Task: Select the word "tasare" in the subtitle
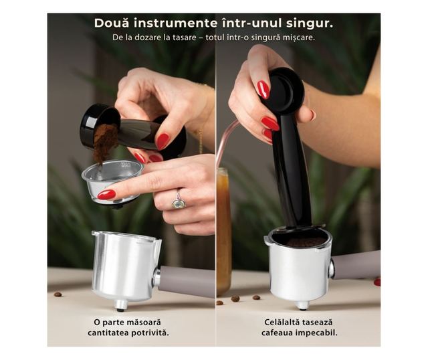184,37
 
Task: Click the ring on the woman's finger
179,201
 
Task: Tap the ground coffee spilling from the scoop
104,143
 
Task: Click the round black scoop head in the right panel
287,90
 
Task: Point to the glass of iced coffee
224,232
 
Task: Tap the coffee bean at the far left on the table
58,294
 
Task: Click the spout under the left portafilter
120,305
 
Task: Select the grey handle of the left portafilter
187,281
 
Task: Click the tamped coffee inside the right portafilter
306,242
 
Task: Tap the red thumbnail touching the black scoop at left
163,141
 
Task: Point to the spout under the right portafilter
302,305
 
